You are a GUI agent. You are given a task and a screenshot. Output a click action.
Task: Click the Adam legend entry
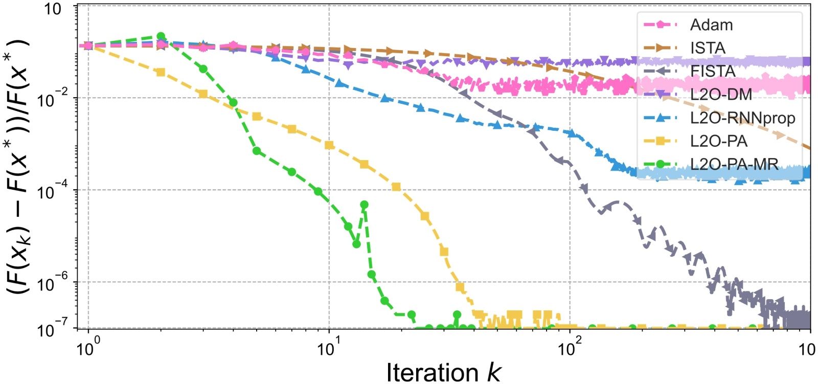pyautogui.click(x=711, y=25)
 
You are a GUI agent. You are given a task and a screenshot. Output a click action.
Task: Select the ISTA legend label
pyautogui.click(x=708, y=48)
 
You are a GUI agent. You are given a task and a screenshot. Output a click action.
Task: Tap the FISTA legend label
pyautogui.click(x=713, y=71)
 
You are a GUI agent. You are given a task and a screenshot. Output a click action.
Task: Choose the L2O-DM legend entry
pyautogui.click(x=721, y=95)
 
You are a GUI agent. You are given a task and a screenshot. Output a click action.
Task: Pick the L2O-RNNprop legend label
pyautogui.click(x=742, y=118)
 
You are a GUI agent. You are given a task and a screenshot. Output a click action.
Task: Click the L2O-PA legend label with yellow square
pyautogui.click(x=718, y=141)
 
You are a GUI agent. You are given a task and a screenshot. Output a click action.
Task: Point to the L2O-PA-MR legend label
pyautogui.click(x=734, y=164)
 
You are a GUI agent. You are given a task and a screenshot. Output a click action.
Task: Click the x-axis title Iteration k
pyautogui.click(x=443, y=372)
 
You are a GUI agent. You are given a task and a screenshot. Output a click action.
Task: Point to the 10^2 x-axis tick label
pyautogui.click(x=569, y=350)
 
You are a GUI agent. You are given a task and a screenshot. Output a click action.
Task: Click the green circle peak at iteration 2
pyautogui.click(x=161, y=37)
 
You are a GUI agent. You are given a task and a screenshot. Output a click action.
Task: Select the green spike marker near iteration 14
pyautogui.click(x=364, y=205)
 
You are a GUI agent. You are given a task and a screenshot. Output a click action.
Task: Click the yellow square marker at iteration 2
pyautogui.click(x=161, y=72)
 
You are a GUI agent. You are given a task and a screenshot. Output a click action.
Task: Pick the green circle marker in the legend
pyautogui.click(x=660, y=164)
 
